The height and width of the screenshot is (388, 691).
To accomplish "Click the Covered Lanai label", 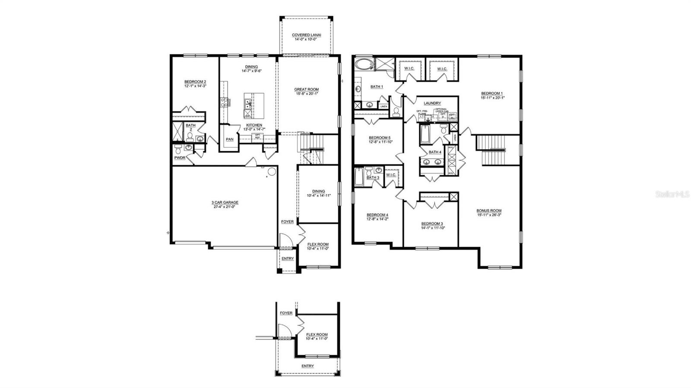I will (x=306, y=35).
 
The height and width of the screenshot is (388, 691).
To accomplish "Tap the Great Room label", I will (x=307, y=89).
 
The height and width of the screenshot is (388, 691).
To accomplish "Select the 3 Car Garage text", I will (x=225, y=202).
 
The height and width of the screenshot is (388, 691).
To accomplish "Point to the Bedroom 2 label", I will (x=195, y=82).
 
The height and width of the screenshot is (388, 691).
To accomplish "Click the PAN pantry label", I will (x=230, y=139).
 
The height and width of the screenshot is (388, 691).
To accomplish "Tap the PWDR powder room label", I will (x=180, y=158).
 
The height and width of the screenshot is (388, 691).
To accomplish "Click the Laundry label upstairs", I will (x=432, y=103).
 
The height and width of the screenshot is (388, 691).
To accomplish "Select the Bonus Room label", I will (x=489, y=211).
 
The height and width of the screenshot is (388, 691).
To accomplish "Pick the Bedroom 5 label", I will (x=380, y=137).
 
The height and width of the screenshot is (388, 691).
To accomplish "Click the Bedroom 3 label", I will (x=432, y=224).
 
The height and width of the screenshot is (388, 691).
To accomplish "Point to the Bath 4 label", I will (x=434, y=152).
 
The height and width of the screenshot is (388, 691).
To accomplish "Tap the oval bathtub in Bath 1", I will (x=363, y=65).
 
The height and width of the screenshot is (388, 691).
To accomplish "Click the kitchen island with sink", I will (x=249, y=105).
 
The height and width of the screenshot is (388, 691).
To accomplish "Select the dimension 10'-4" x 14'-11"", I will (x=318, y=196).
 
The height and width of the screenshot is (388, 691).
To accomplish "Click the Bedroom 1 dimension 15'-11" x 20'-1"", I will (x=492, y=98).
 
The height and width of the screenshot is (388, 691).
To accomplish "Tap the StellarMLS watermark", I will (x=672, y=194).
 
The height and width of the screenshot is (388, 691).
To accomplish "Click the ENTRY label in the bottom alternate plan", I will (x=307, y=366).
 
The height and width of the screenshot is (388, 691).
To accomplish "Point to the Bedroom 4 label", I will (x=377, y=215).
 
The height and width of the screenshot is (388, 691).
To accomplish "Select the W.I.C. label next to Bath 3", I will (x=391, y=175).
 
